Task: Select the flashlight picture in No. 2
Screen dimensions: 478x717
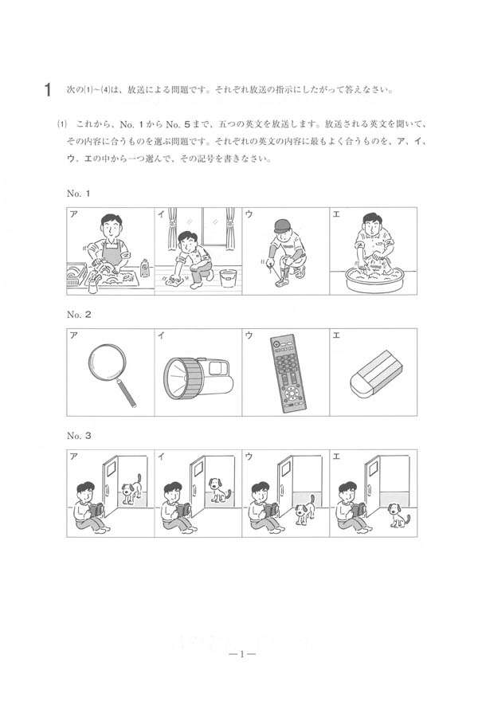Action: pyautogui.click(x=198, y=378)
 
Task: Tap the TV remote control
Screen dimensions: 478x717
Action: pyautogui.click(x=288, y=373)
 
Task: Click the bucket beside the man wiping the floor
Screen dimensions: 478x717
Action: pyautogui.click(x=228, y=278)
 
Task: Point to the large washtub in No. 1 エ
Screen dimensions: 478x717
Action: pyautogui.click(x=373, y=279)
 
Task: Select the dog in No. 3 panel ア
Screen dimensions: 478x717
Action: pyautogui.click(x=131, y=487)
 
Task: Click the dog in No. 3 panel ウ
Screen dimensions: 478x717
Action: pyautogui.click(x=304, y=509)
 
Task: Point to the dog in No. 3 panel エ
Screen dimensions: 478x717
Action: pyautogui.click(x=398, y=515)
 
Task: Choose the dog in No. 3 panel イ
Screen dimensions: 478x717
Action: pyautogui.click(x=218, y=490)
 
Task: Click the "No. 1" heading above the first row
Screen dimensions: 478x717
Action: pyautogui.click(x=78, y=194)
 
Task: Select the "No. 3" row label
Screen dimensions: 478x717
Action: pyautogui.click(x=79, y=436)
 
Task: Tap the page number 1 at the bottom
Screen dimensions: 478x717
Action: pyautogui.click(x=241, y=654)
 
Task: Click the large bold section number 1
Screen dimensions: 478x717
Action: pyautogui.click(x=47, y=90)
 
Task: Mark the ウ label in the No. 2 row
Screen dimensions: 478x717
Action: pyautogui.click(x=249, y=335)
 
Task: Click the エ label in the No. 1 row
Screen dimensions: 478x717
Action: pyautogui.click(x=336, y=214)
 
